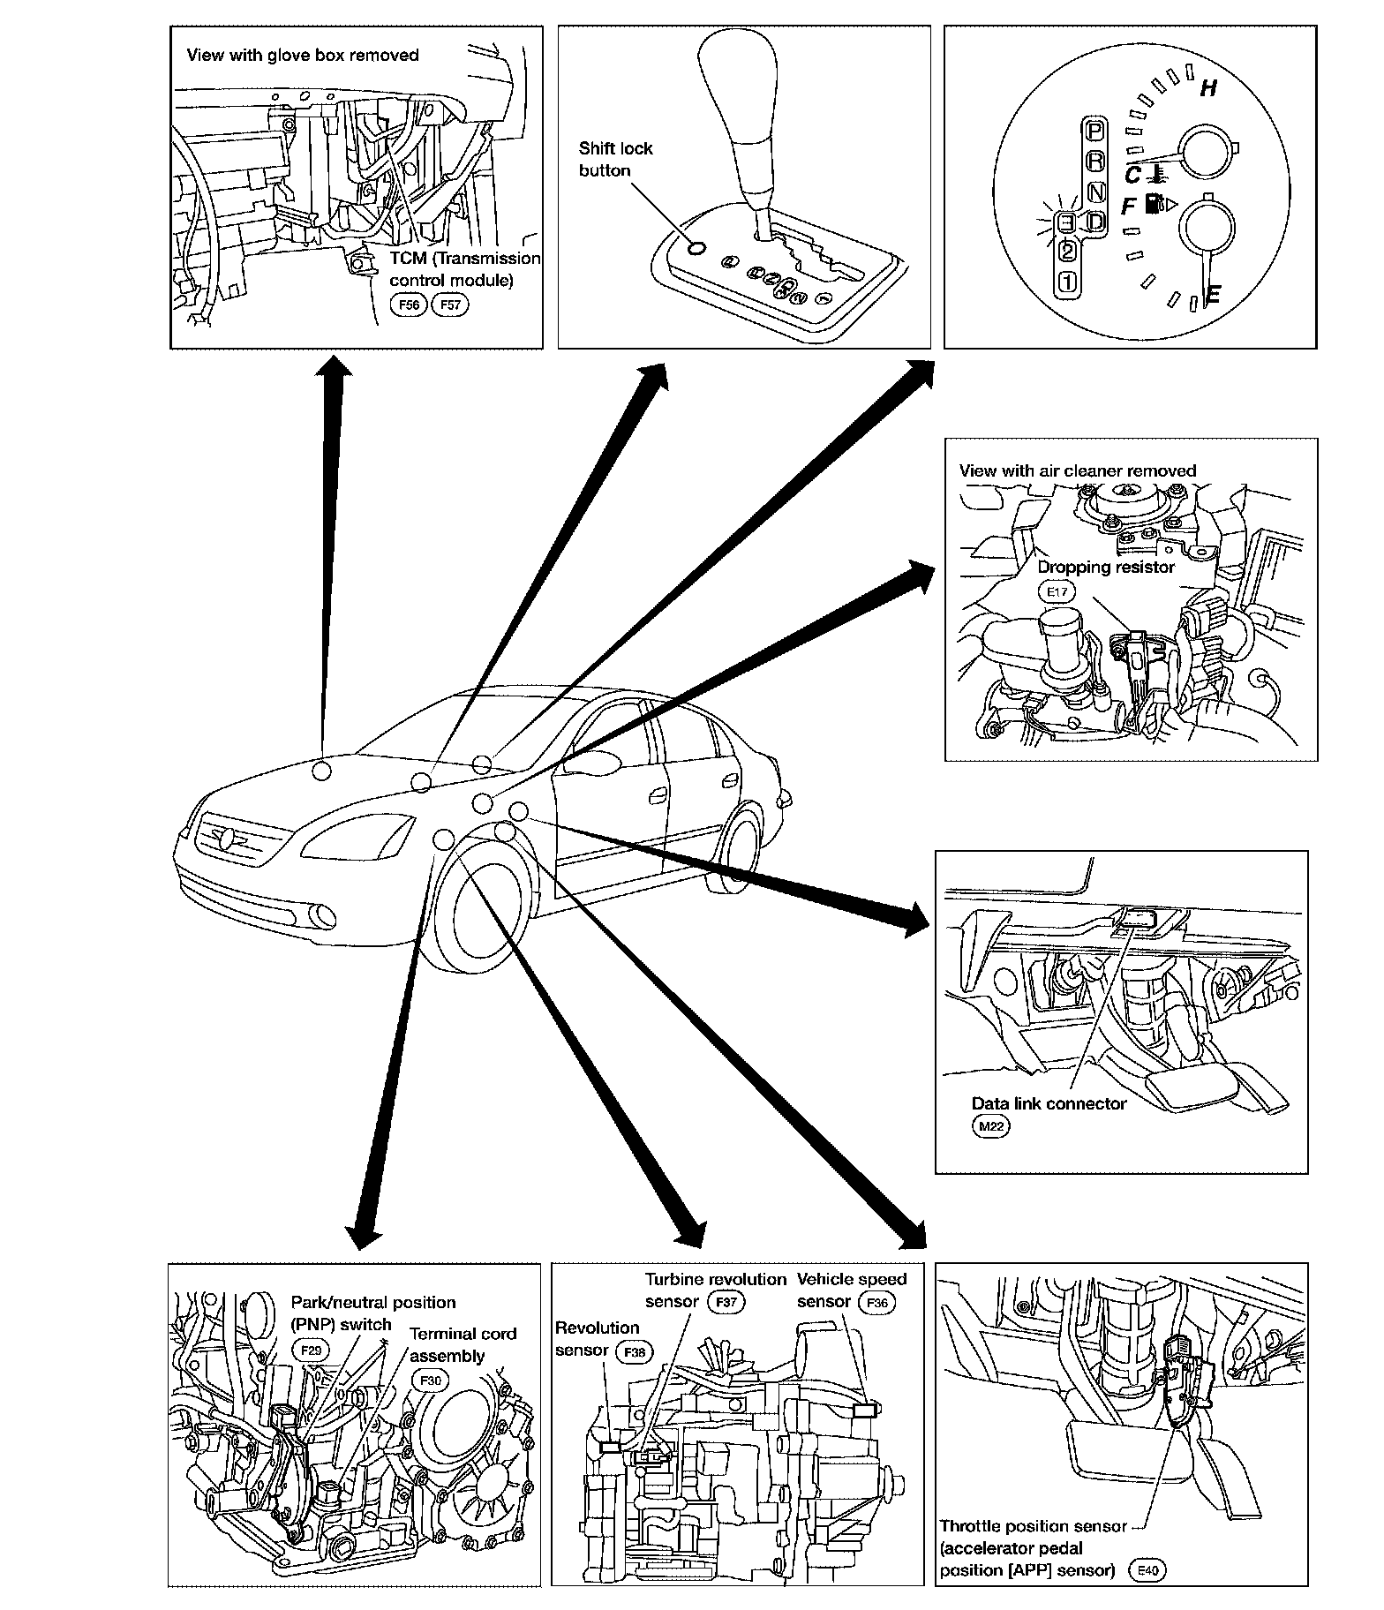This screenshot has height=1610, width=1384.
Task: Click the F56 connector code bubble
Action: click(x=409, y=305)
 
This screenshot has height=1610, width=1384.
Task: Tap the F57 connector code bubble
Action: click(x=450, y=305)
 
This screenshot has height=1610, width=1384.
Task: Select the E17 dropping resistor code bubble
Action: click(x=1057, y=591)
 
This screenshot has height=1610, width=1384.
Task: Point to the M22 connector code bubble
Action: click(x=990, y=1126)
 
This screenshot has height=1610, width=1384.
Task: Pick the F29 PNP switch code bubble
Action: click(x=309, y=1350)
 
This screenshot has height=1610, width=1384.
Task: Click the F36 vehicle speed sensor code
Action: click(x=877, y=1302)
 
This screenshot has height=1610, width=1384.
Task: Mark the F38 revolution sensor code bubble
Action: click(x=636, y=1351)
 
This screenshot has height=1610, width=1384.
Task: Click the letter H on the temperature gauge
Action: click(x=1208, y=88)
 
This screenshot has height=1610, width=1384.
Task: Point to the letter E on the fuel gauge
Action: click(x=1212, y=295)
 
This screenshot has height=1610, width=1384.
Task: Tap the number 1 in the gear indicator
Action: click(x=1067, y=282)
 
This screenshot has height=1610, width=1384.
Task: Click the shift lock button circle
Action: click(x=696, y=248)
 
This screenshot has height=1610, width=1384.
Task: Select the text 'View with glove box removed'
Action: click(x=303, y=56)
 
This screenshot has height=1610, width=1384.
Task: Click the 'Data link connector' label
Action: click(x=1049, y=1103)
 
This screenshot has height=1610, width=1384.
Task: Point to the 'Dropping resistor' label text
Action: click(x=1106, y=568)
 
